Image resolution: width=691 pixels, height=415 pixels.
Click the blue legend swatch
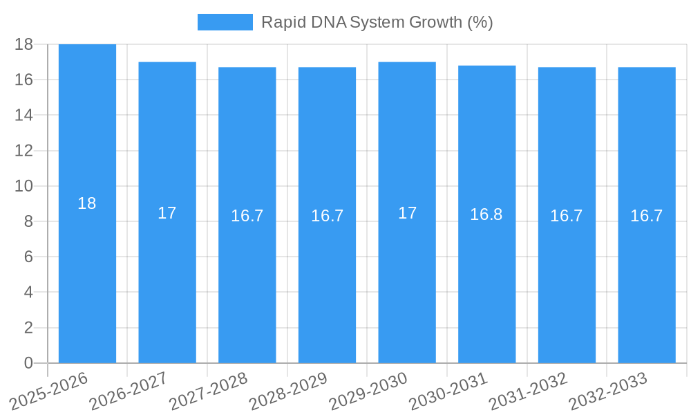pyautogui.click(x=225, y=22)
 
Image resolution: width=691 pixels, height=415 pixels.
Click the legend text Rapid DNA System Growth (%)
pyautogui.click(x=377, y=22)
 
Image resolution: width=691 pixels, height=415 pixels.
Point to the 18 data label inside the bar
pyautogui.click(x=87, y=203)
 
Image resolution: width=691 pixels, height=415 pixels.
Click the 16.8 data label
pyautogui.click(x=486, y=214)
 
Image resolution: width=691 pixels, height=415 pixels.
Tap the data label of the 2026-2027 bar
pyautogui.click(x=167, y=213)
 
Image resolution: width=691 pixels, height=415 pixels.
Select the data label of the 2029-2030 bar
pyautogui.click(x=408, y=213)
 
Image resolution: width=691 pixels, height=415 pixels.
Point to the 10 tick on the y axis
pyautogui.click(x=23, y=186)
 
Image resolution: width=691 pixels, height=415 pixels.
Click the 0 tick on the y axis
pyautogui.click(x=28, y=363)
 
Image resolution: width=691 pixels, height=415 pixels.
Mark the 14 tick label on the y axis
pyautogui.click(x=23, y=115)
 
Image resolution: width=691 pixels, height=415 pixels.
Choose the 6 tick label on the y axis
pyautogui.click(x=28, y=257)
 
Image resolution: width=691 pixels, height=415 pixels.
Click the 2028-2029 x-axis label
pyautogui.click(x=289, y=391)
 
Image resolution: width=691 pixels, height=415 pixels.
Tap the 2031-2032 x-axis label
pyautogui.click(x=529, y=391)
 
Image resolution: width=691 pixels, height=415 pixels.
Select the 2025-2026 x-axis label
pyautogui.click(x=49, y=391)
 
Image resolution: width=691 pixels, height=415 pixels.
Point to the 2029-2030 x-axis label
pyautogui.click(x=369, y=391)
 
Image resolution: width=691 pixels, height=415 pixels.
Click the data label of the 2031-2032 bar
pyautogui.click(x=567, y=216)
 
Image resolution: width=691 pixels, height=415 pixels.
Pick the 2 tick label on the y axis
pyautogui.click(x=28, y=328)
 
